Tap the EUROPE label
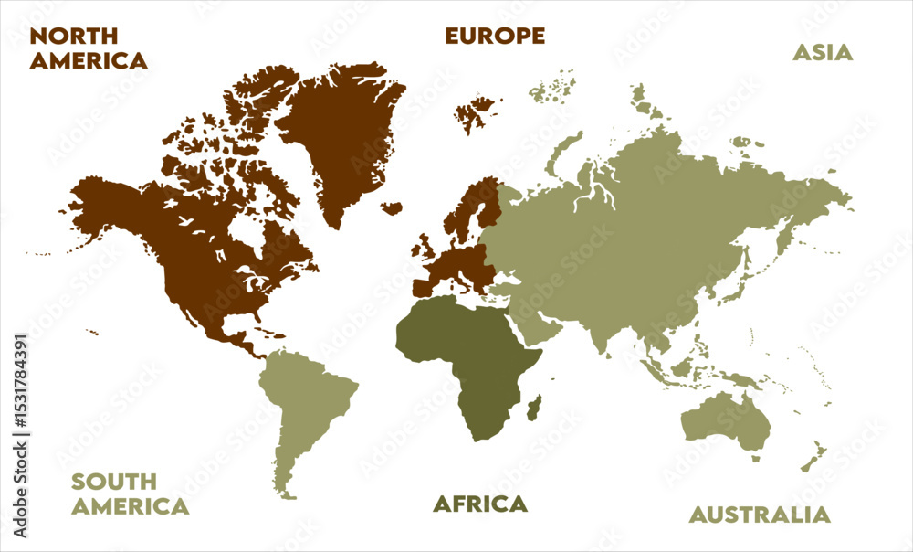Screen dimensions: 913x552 pyautogui.click(x=495, y=37)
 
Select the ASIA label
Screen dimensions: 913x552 pyautogui.click(x=822, y=52)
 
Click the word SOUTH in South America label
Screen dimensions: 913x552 pyautogui.click(x=114, y=482)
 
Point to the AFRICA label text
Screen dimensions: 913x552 pyautogui.click(x=479, y=504)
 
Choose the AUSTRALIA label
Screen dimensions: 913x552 pyautogui.click(x=760, y=515)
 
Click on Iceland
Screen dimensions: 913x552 pyautogui.click(x=392, y=208)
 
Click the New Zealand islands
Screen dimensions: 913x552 pyautogui.click(x=813, y=457)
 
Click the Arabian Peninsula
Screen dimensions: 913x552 pyautogui.click(x=534, y=324)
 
